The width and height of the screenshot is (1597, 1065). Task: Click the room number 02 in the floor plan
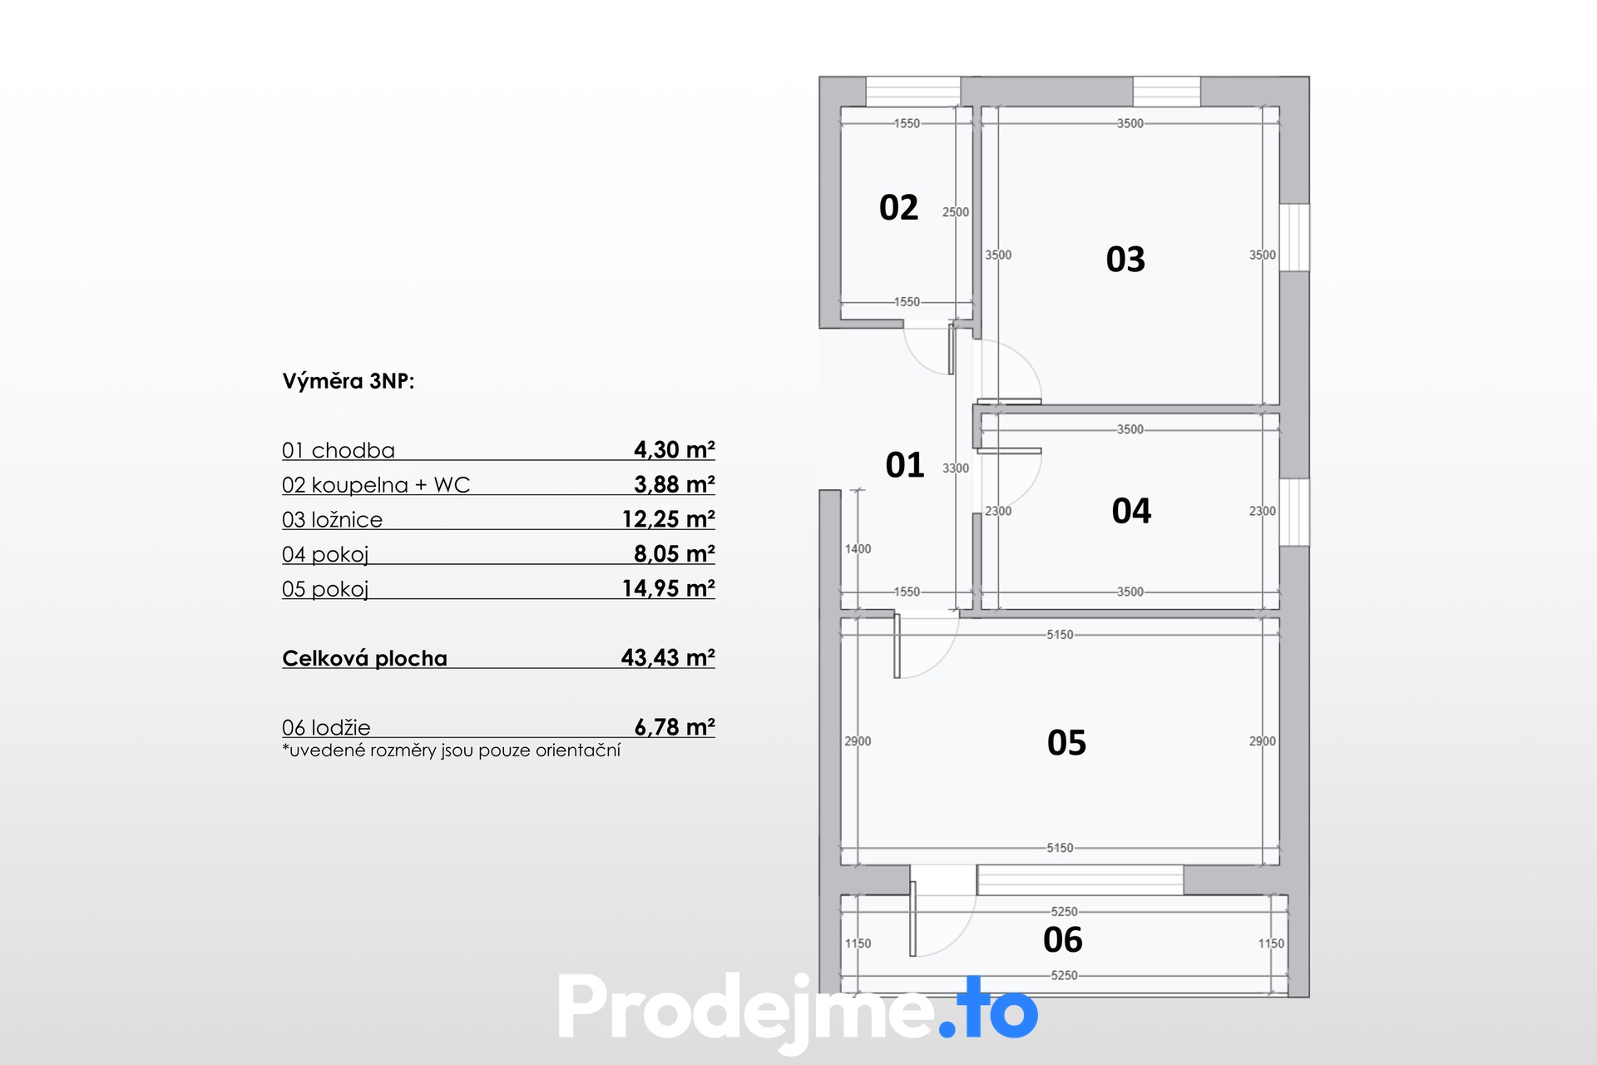898,207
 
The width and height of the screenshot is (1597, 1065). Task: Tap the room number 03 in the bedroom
1125,260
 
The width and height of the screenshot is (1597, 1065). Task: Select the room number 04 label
1131,511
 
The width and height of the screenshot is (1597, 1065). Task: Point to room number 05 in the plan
1066,742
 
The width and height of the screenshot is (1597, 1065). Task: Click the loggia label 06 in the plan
1062,940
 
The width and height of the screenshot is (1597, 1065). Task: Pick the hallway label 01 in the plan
905,465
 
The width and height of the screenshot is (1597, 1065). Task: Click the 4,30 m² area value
674,449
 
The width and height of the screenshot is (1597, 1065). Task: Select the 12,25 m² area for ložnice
668,518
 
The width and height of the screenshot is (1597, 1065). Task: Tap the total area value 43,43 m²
667,657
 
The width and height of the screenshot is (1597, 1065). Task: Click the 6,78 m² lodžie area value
674,726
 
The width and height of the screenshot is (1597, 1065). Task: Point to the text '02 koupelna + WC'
376,484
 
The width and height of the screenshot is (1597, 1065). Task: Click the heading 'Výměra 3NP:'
349,381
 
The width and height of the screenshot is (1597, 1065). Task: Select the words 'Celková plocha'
364,658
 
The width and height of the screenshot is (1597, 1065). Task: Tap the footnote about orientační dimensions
452,750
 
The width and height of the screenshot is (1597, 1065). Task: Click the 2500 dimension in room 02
955,212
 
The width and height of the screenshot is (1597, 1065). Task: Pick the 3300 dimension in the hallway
955,468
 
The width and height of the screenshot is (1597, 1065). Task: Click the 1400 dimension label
858,549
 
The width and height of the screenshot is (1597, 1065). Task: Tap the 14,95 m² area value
668,588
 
